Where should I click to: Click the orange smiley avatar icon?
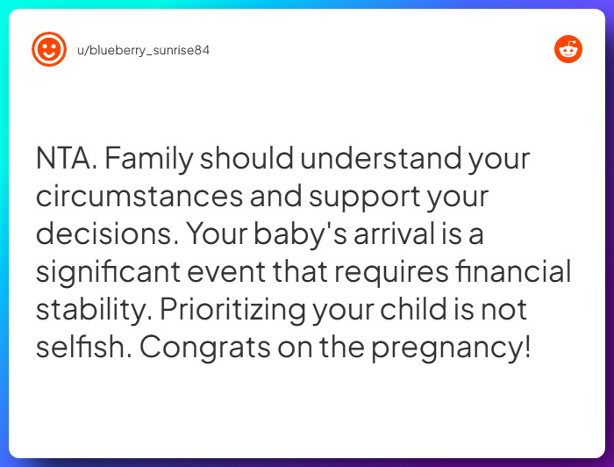point(48,49)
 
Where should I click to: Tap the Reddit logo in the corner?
point(568,49)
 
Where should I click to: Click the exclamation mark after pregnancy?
point(526,347)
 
